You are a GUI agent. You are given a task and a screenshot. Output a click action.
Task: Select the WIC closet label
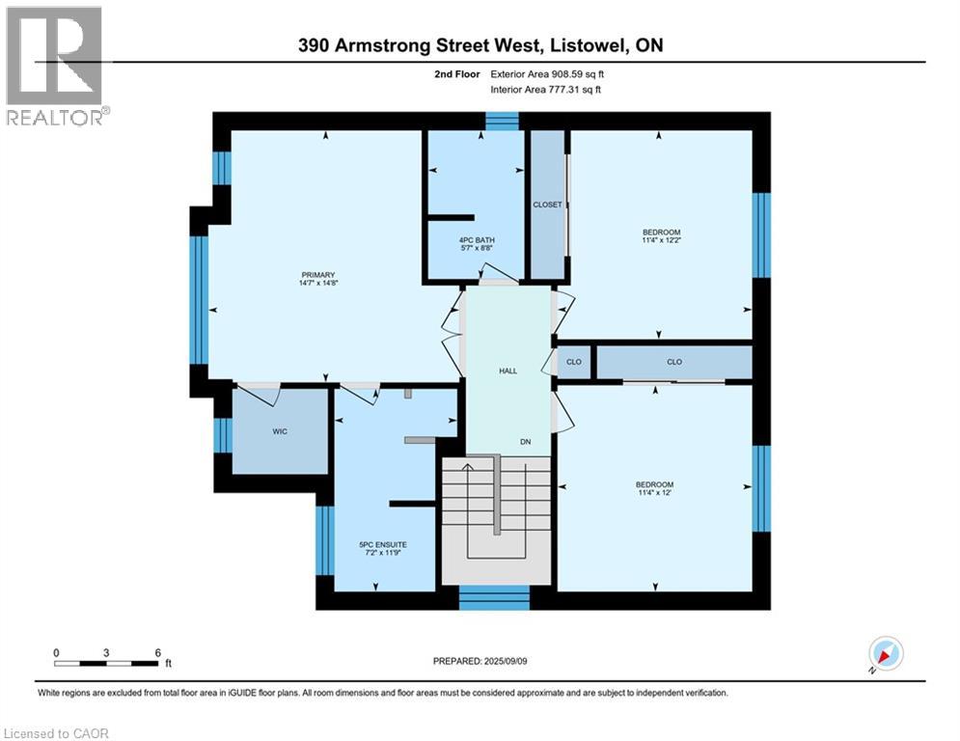click(x=280, y=432)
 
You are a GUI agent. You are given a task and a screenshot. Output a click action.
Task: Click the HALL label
click(x=507, y=370)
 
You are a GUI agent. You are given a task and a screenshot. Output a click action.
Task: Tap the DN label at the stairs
click(x=526, y=442)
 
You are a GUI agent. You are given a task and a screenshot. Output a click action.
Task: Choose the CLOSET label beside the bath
click(x=547, y=205)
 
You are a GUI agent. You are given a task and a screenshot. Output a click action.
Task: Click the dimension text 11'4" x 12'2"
click(x=662, y=241)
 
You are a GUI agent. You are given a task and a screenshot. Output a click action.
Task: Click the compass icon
click(x=885, y=653)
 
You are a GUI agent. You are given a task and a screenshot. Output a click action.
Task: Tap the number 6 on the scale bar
click(x=157, y=652)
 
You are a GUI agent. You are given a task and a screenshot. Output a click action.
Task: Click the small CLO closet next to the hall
click(x=573, y=362)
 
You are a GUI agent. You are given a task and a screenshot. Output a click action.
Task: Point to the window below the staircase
click(x=494, y=597)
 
